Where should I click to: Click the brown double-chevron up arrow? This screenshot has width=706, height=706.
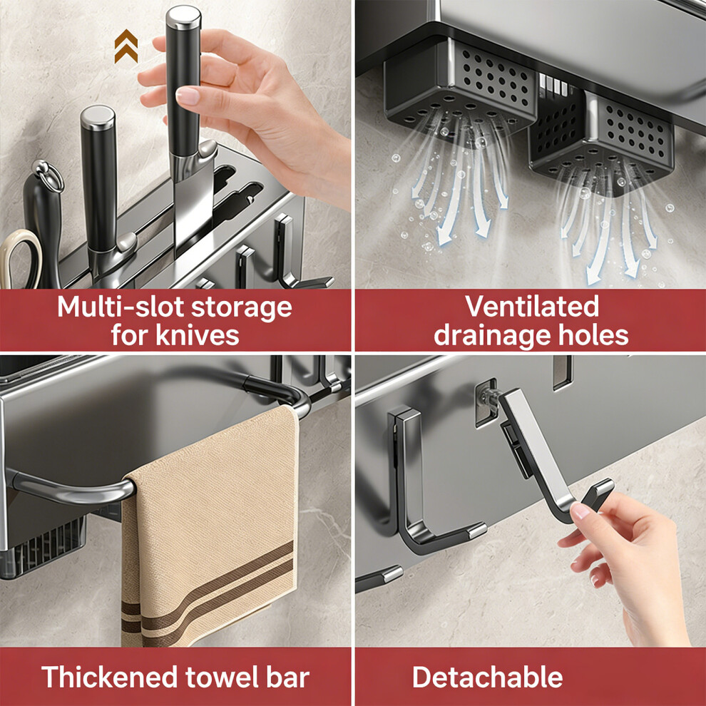coord(126,46)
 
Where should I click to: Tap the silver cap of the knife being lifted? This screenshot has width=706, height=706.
coord(183,18)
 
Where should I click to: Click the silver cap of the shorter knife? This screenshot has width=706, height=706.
coord(98,118)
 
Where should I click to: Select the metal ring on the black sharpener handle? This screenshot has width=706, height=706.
coord(48,175)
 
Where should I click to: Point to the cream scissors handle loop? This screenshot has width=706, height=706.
coord(18,257)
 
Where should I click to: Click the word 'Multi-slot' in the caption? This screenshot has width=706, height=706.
coord(121,307)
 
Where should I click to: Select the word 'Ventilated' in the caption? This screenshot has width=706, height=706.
coord(532,307)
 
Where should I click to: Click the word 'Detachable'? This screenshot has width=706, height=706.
coord(488,677)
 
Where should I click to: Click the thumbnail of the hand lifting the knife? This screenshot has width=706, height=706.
coord(188,96)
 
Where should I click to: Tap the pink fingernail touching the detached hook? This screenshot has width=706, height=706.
coord(580,511)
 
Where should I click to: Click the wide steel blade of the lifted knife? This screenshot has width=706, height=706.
coord(193,198)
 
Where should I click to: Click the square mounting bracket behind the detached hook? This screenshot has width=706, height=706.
coord(486,404)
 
